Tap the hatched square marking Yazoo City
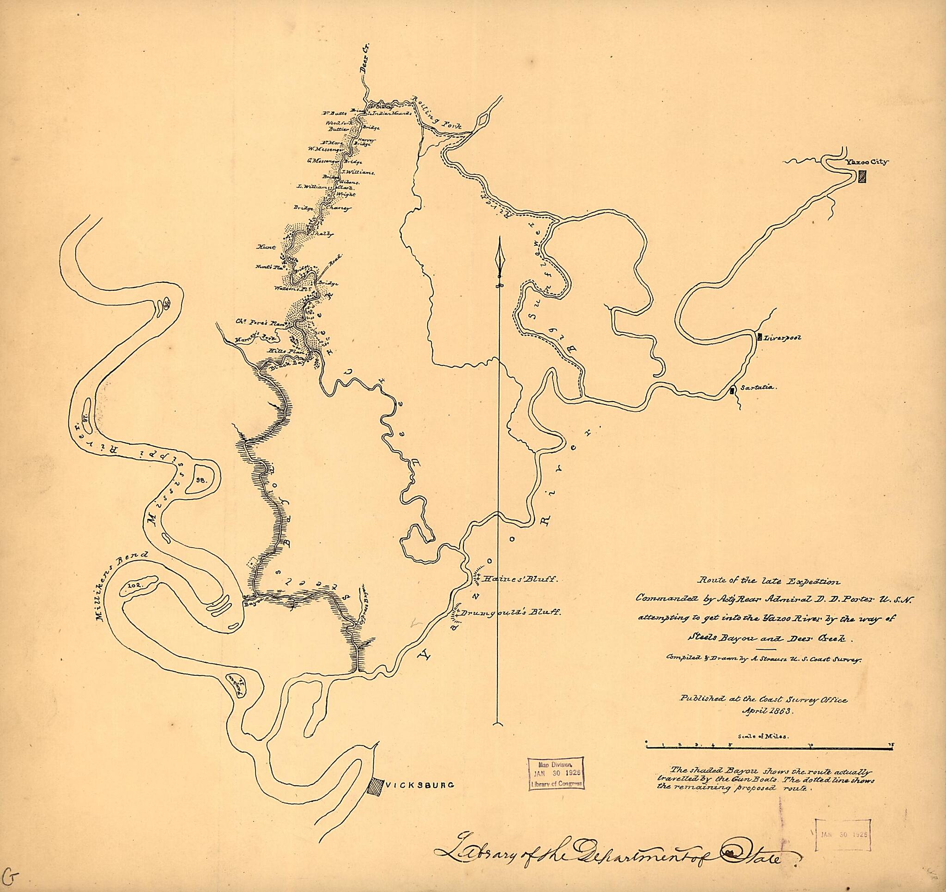click(x=862, y=177)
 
